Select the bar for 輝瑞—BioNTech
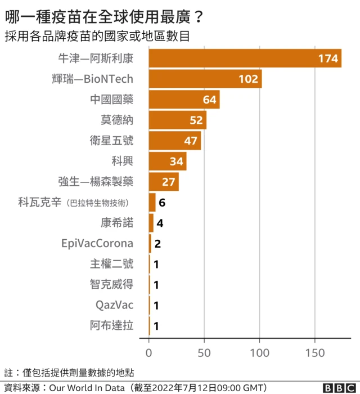pyautogui.click(x=205, y=79)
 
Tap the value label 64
pyautogui.click(x=209, y=100)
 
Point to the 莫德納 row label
pyautogui.click(x=117, y=120)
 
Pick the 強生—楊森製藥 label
pyautogui.click(x=96, y=182)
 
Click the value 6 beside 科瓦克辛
pyautogui.click(x=162, y=203)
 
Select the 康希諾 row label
pyautogui.click(x=117, y=223)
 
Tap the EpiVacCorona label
pyautogui.click(x=97, y=244)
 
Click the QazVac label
pyautogui.click(x=115, y=305)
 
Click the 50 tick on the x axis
pyautogui.click(x=204, y=353)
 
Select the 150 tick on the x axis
pyautogui.click(x=315, y=353)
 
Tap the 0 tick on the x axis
pyautogui.click(x=149, y=353)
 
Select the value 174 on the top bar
pyautogui.click(x=327, y=59)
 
